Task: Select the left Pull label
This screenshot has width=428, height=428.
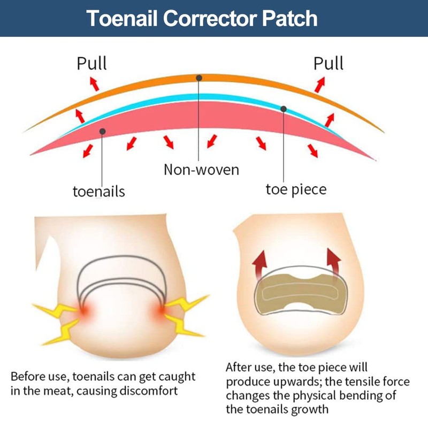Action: click(x=91, y=63)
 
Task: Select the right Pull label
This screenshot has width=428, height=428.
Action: click(x=328, y=63)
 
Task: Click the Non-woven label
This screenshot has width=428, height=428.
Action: click(x=201, y=170)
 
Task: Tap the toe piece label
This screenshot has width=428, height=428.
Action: click(x=296, y=189)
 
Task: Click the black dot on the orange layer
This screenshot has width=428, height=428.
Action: click(x=199, y=78)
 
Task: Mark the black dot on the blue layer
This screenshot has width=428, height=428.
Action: click(x=284, y=109)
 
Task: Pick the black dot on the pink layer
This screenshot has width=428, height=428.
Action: click(x=102, y=130)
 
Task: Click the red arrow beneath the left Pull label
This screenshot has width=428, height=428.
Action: click(x=94, y=83)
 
